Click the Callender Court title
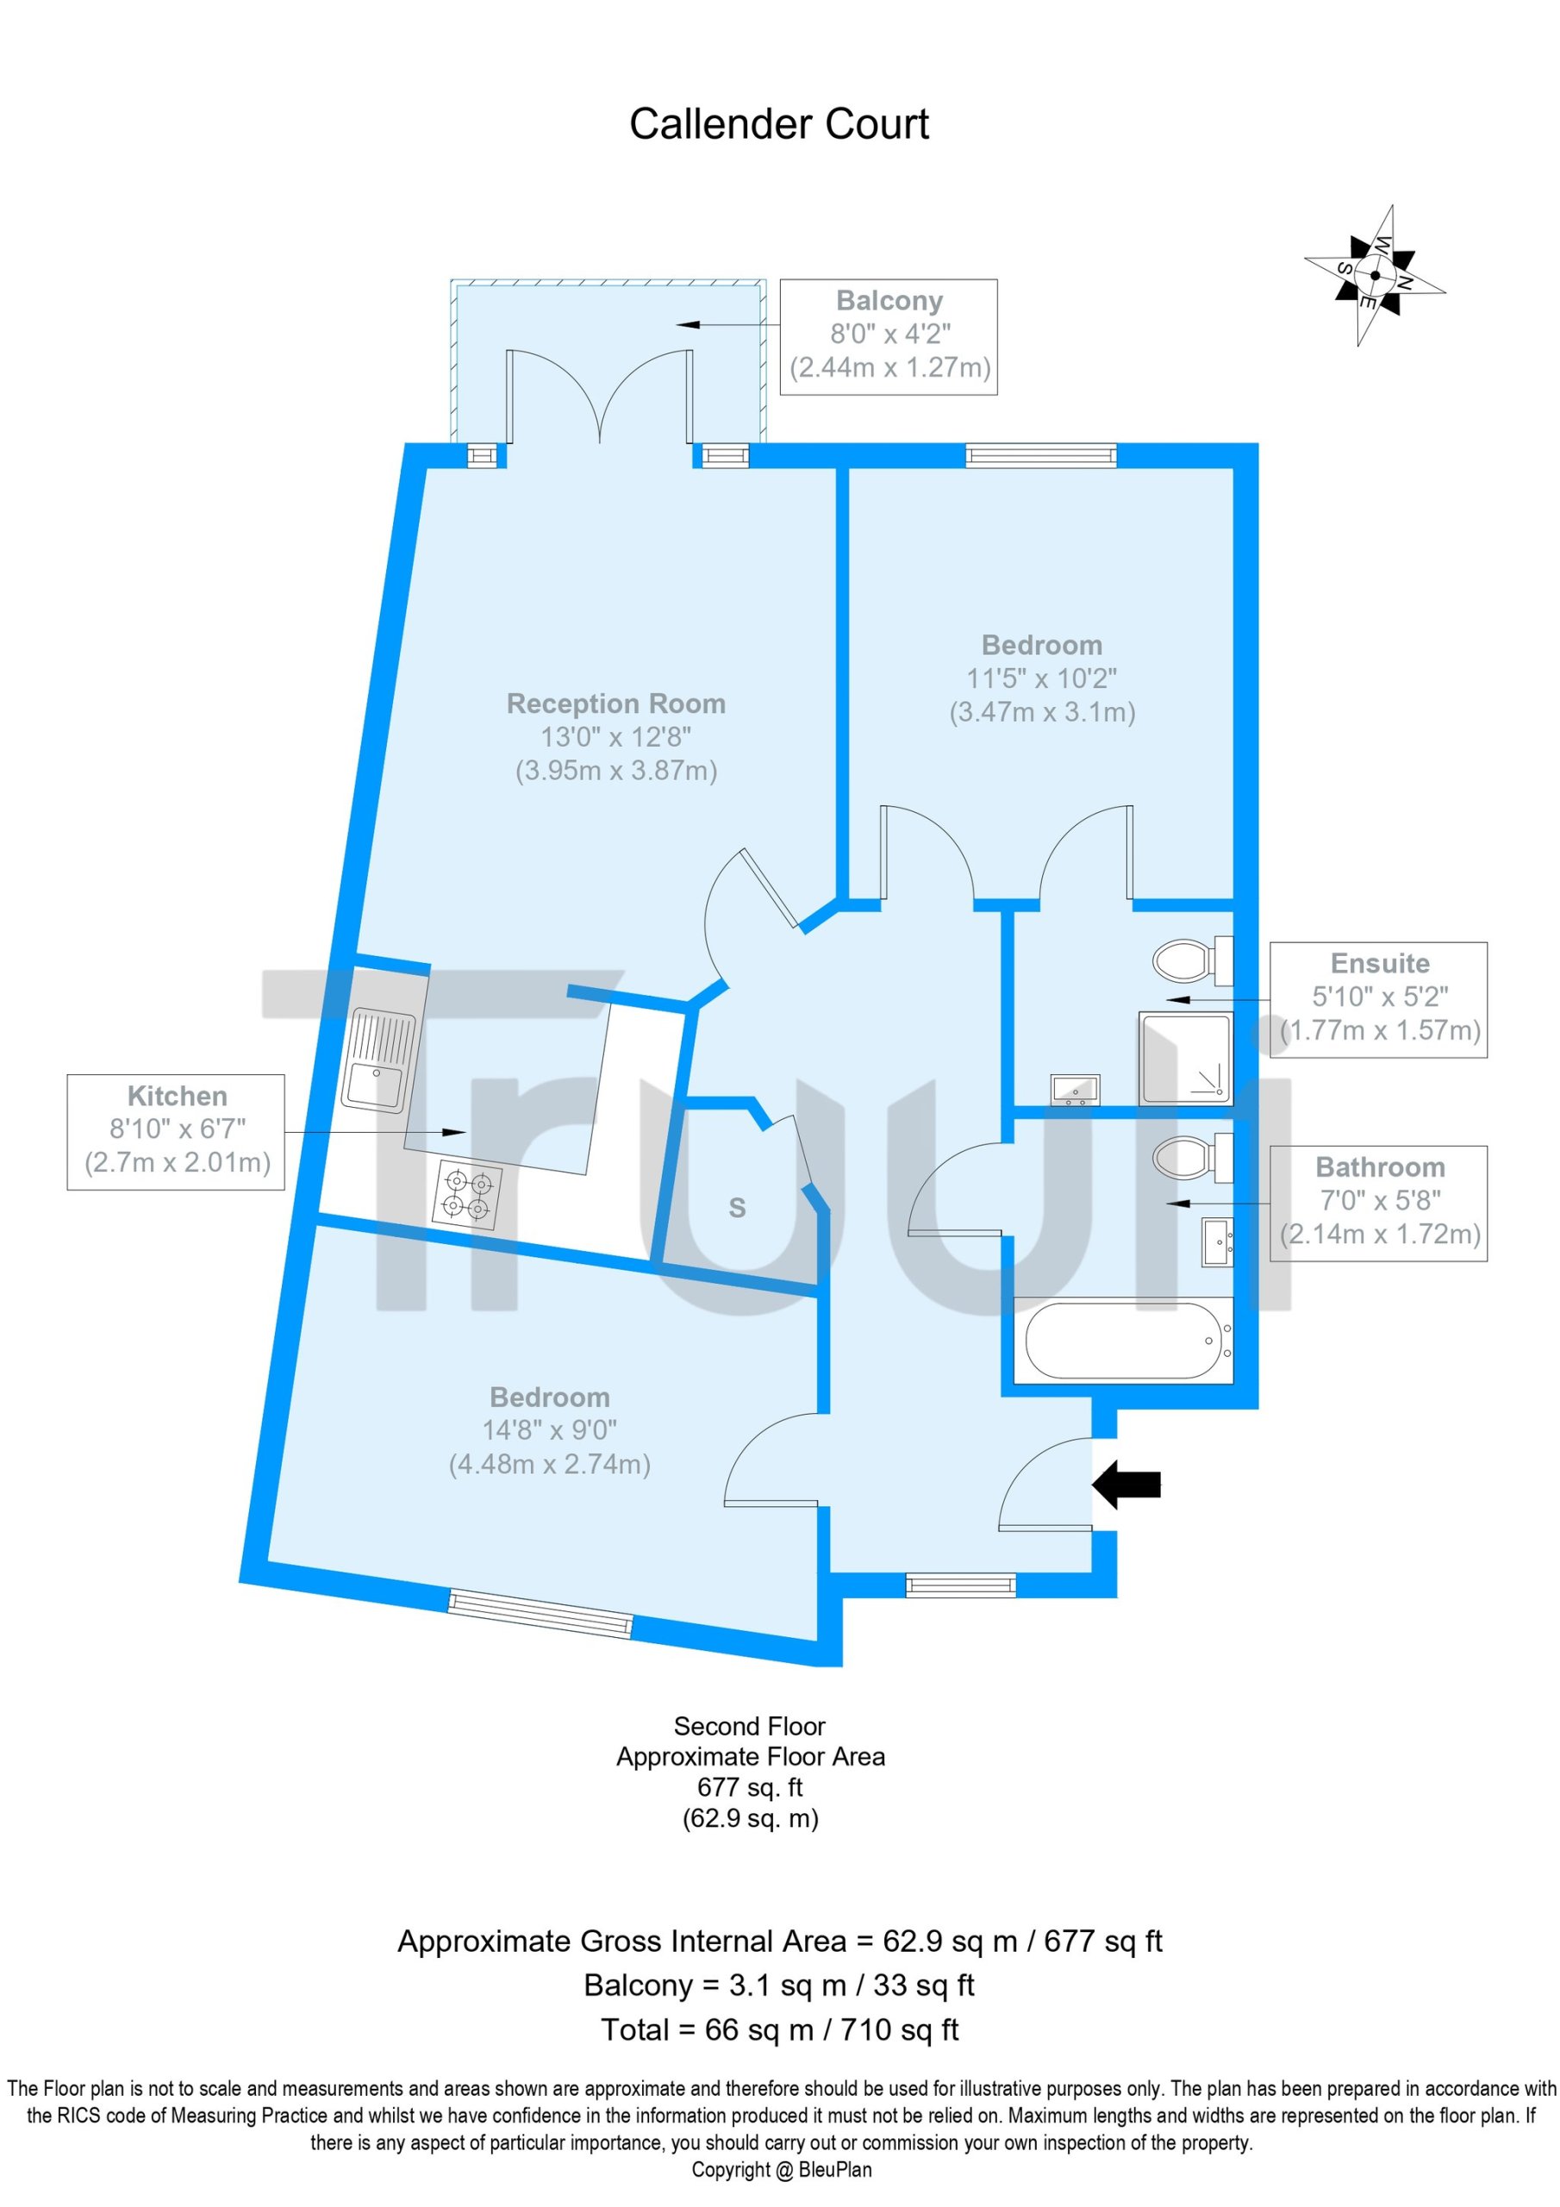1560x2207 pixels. (x=778, y=124)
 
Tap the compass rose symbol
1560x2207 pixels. (x=1375, y=275)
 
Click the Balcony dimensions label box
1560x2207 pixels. (x=888, y=336)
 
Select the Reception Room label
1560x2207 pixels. (x=616, y=703)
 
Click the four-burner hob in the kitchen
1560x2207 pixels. (x=467, y=1195)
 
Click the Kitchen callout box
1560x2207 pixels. (x=176, y=1132)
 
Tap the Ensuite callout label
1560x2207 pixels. (x=1379, y=1000)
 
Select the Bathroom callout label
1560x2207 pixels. (x=1379, y=1204)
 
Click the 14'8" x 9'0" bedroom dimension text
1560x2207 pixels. (x=550, y=1430)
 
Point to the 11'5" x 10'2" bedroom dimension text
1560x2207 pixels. (x=1042, y=678)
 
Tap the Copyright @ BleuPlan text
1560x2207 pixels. (x=782, y=2170)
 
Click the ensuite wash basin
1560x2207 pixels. (x=1076, y=1090)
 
